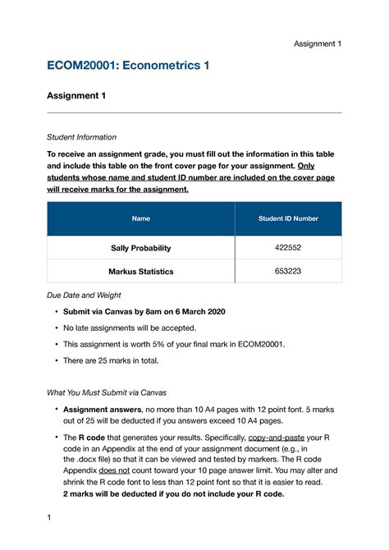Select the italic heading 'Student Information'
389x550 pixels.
(81, 137)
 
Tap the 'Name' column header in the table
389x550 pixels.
(140, 218)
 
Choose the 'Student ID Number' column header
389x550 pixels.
(288, 218)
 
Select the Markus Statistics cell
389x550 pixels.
(140, 270)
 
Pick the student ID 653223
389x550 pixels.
(288, 270)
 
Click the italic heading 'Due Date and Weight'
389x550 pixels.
(85, 294)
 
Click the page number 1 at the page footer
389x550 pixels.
(49, 518)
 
